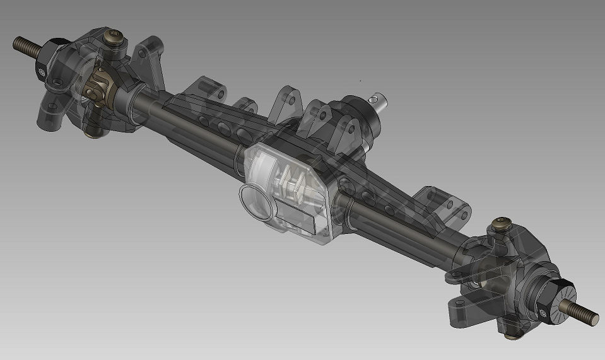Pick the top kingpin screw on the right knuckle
click(x=502, y=222)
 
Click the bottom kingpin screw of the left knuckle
click(x=93, y=131)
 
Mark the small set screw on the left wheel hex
click(x=42, y=71)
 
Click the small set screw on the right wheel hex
click(x=544, y=310)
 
